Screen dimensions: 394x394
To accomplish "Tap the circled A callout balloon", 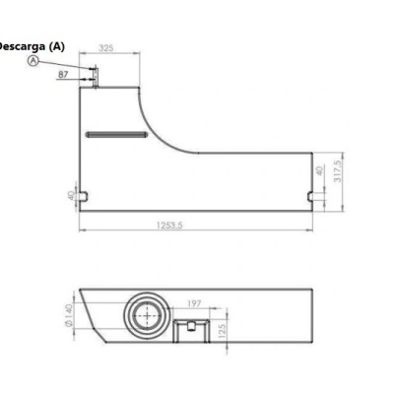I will coord(33,60).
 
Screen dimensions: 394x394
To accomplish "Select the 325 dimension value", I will coord(106,47).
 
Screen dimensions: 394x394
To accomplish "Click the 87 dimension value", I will coord(64,73).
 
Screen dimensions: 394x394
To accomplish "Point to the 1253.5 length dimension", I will coord(170,227).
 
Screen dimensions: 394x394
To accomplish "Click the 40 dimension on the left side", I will coord(70,195).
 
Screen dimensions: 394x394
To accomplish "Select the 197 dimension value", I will coord(193,304).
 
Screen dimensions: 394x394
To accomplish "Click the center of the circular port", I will coord(148,315).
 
